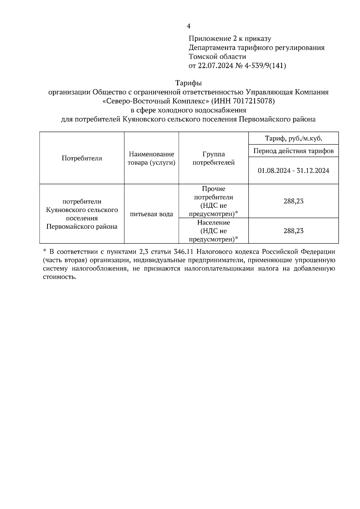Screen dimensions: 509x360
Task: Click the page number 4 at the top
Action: pos(188,26)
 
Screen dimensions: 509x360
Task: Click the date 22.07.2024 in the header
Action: pos(215,66)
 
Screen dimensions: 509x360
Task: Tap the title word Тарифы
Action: pos(188,83)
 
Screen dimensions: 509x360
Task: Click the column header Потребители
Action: pos(82,158)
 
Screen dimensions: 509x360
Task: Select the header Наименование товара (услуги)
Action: pos(151,158)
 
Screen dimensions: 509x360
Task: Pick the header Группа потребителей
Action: pos(214,158)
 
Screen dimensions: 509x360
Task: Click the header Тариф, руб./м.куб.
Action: pos(293,138)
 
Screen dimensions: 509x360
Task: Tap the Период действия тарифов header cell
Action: pos(293,151)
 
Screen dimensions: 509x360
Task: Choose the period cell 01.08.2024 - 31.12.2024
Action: pos(293,171)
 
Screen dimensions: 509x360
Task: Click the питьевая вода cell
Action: pos(151,214)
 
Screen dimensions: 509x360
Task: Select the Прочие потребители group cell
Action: pos(214,201)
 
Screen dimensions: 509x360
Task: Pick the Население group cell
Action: pos(214,231)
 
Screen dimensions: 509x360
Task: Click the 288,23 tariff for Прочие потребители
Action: pos(293,201)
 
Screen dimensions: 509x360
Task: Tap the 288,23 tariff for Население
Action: pos(293,231)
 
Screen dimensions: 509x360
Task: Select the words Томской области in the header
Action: pos(217,57)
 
